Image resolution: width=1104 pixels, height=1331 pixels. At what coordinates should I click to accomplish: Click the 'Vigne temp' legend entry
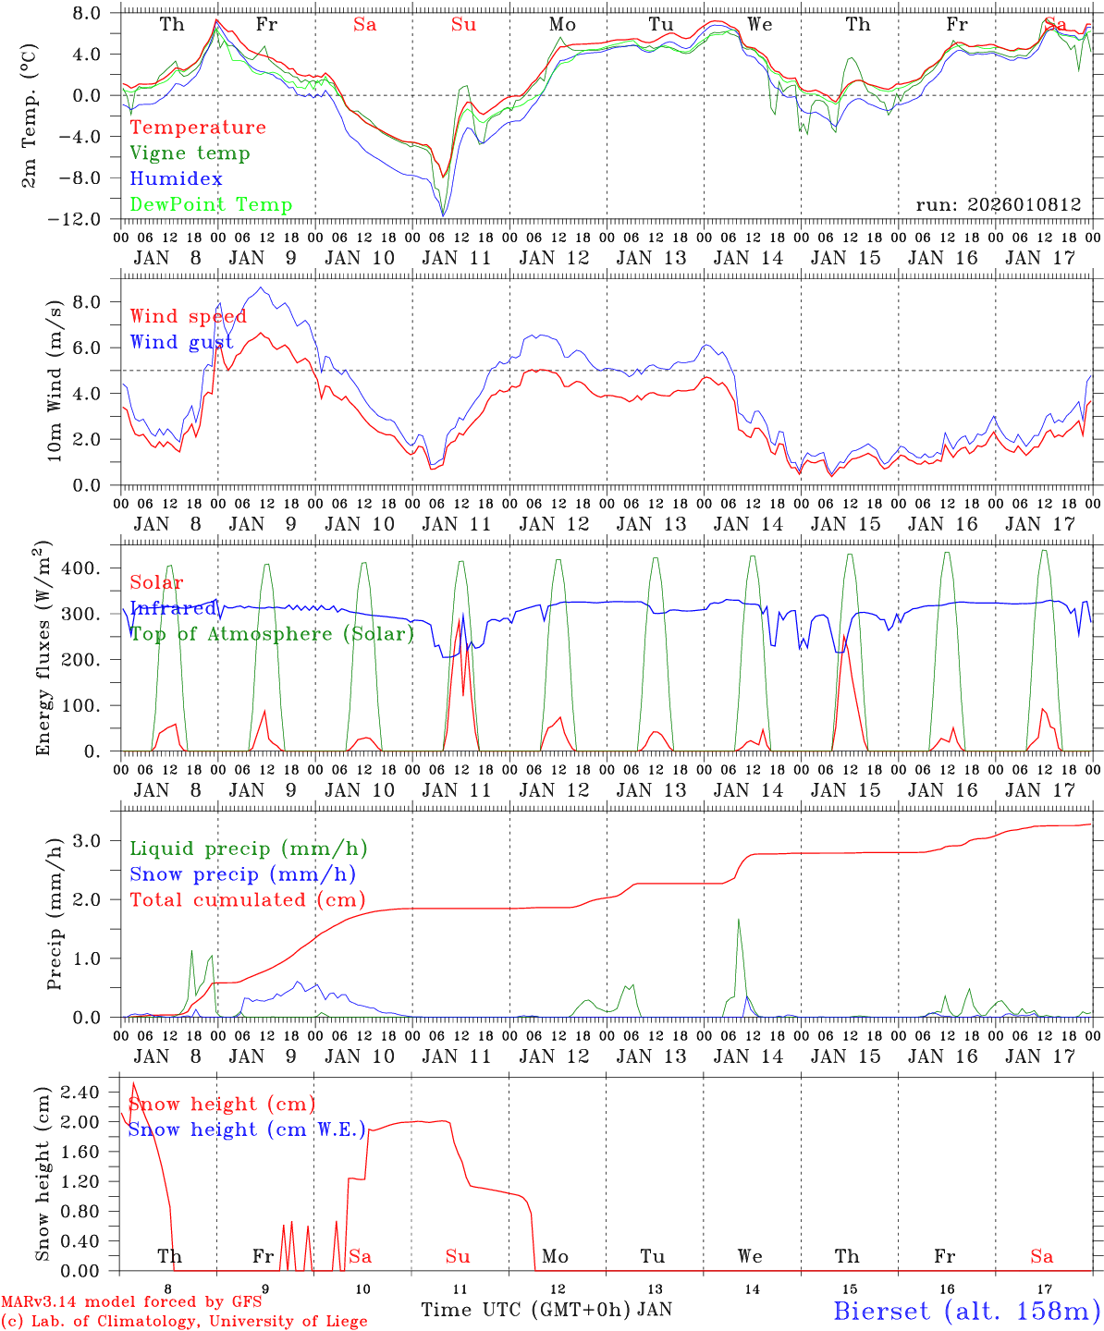click(190, 153)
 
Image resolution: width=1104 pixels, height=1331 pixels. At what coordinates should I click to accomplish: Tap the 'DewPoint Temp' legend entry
click(211, 205)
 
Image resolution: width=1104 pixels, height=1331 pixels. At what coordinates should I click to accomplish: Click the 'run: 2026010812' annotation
click(998, 205)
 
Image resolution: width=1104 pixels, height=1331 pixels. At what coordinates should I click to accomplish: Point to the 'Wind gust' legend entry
click(181, 343)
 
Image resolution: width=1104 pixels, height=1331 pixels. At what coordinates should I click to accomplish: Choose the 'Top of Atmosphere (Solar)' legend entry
click(272, 634)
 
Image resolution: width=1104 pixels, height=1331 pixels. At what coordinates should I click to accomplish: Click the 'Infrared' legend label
click(173, 608)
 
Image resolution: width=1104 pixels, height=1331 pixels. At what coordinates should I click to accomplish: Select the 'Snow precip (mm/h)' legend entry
click(242, 874)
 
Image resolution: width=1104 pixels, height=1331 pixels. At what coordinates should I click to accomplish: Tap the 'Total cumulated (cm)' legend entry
click(247, 900)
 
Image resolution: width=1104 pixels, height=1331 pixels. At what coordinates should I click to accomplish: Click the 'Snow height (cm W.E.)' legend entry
click(246, 1130)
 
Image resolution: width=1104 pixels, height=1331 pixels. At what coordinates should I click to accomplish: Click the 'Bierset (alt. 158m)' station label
click(965, 1310)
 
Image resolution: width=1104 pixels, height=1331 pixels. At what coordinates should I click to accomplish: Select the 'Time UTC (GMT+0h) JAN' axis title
click(546, 1310)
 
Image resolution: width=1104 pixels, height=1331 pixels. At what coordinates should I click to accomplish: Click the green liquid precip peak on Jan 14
click(738, 920)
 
